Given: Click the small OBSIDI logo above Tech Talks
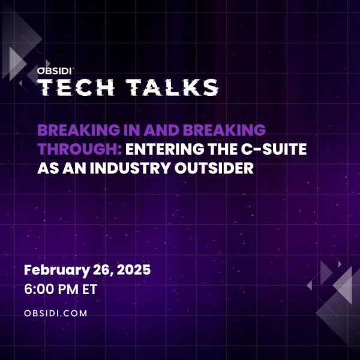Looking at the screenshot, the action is coord(55,71).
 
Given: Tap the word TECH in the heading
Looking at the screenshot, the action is coord(76,87).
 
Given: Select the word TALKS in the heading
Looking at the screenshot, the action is coord(172,87).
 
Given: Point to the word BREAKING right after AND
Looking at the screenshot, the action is coord(224,130).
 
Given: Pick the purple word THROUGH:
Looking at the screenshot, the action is coord(80,149).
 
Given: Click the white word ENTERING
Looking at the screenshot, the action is coord(164,149).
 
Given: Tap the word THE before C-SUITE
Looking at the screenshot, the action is coord(223,149).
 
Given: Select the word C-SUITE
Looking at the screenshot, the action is coord(274,149).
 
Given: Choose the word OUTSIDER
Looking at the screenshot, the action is coord(214,168).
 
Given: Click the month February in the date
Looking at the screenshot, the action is coord(57,270).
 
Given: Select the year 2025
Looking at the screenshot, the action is coord(134,269).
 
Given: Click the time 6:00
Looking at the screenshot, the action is coord(38,289).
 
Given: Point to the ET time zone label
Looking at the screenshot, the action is coord(90,289).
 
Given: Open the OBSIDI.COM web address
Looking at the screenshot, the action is coord(56,313).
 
